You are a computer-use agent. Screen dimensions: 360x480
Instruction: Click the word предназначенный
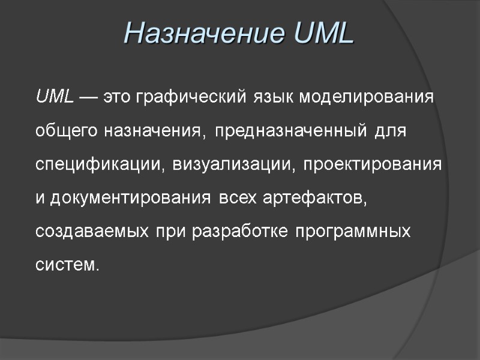[x=290, y=131]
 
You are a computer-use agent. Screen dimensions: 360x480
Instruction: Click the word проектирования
[x=372, y=164]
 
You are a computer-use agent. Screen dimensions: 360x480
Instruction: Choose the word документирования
[x=130, y=198]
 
